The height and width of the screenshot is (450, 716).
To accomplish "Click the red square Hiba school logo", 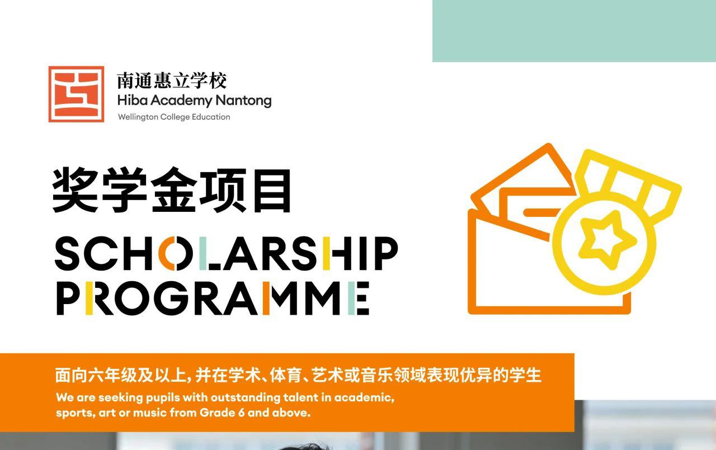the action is [x=76, y=94].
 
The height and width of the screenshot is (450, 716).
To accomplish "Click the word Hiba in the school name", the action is [x=133, y=100].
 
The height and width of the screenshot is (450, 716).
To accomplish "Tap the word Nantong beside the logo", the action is [x=243, y=101].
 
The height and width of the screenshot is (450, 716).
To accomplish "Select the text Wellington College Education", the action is [x=174, y=117].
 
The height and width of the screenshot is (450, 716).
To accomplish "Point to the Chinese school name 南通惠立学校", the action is [x=172, y=80].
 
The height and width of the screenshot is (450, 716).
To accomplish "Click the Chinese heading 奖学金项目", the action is [x=172, y=190].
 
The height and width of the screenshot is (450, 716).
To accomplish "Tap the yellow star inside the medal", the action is [x=607, y=239].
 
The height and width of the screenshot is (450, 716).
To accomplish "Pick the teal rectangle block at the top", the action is [x=574, y=31].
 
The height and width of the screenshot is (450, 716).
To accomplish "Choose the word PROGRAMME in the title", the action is [x=213, y=299].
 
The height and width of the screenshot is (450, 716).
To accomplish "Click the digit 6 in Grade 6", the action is [x=241, y=413].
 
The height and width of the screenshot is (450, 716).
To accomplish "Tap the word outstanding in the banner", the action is [x=245, y=398].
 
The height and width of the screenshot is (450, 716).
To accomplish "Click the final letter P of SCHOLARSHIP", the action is [x=386, y=254].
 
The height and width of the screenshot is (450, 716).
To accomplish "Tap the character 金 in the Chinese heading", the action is [x=173, y=190].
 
